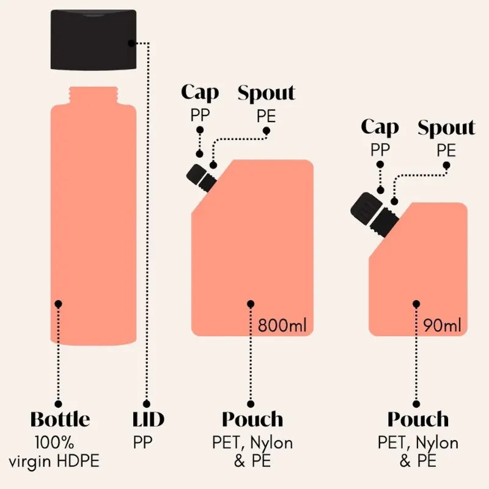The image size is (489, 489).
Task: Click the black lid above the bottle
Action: [94, 40]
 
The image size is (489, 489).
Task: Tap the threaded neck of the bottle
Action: [94, 96]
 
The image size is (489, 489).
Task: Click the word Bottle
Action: [60, 419]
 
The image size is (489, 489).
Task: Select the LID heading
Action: [148, 419]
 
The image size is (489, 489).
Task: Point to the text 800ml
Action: [282, 325]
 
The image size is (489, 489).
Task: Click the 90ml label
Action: [442, 326]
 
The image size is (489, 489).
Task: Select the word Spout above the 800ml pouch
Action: [267, 93]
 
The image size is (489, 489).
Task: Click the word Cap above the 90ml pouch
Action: [380, 128]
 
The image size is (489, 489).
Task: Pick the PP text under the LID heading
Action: [142, 442]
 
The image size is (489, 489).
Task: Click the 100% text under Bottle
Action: [54, 442]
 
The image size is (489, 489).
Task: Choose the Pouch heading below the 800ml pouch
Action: [252, 419]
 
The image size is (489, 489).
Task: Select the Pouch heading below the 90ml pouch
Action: [418, 419]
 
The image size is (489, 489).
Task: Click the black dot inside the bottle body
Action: [58, 304]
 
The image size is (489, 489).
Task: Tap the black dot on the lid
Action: [132, 43]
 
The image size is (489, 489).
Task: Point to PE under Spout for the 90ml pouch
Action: [446, 150]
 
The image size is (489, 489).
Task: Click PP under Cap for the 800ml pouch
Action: [200, 116]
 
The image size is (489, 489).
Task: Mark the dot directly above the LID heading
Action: [147, 404]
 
